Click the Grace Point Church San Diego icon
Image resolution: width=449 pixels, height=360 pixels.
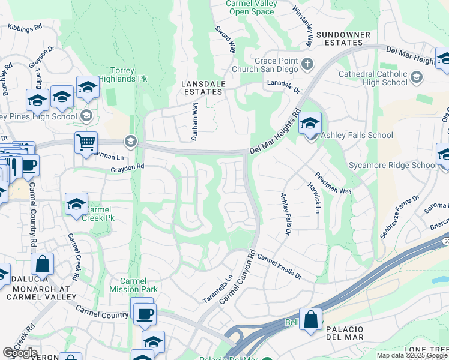(307, 64)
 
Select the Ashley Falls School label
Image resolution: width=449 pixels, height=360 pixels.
(357, 136)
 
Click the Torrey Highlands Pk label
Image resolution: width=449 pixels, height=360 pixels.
(130, 74)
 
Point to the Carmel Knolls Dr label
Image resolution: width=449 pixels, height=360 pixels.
(278, 268)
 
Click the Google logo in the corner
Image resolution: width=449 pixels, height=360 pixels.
(20, 353)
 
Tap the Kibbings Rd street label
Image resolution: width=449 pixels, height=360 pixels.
(25, 28)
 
